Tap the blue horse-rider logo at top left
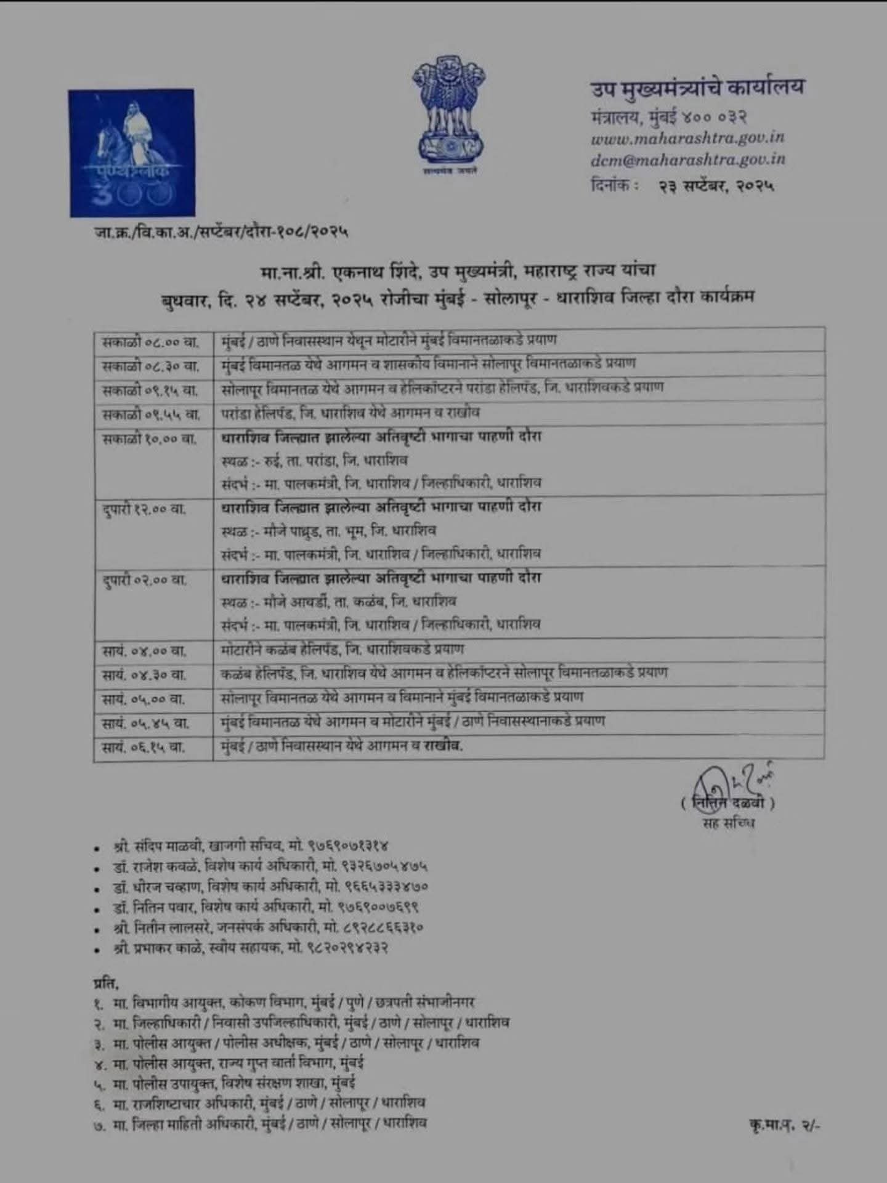point(131,153)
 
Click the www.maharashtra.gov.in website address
point(687,138)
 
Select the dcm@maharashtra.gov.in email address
point(687,159)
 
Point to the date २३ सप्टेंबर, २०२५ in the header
point(716,185)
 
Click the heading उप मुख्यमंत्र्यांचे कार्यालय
point(697,87)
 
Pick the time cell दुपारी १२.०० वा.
point(145,510)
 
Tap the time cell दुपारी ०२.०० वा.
point(145,580)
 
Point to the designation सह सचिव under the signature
point(728,823)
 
